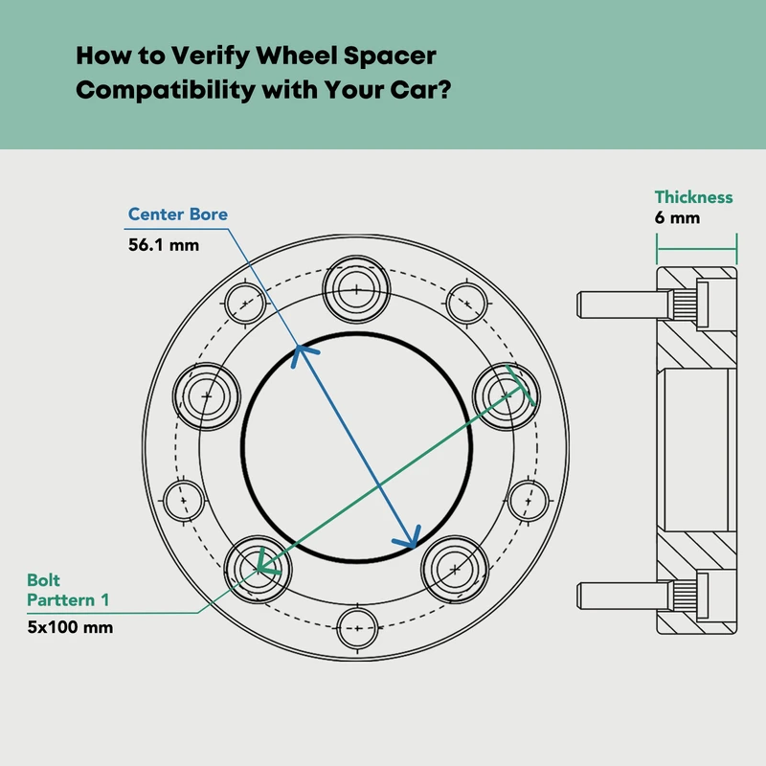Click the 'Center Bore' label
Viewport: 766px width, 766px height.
(178, 214)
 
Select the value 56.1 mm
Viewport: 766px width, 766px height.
(164, 244)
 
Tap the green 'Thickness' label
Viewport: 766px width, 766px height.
(693, 197)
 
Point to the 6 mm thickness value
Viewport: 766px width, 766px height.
(677, 218)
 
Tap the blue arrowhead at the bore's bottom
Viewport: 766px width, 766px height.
(411, 539)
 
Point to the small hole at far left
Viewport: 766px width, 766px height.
(186, 498)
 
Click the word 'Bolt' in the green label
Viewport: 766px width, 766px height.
(44, 580)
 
